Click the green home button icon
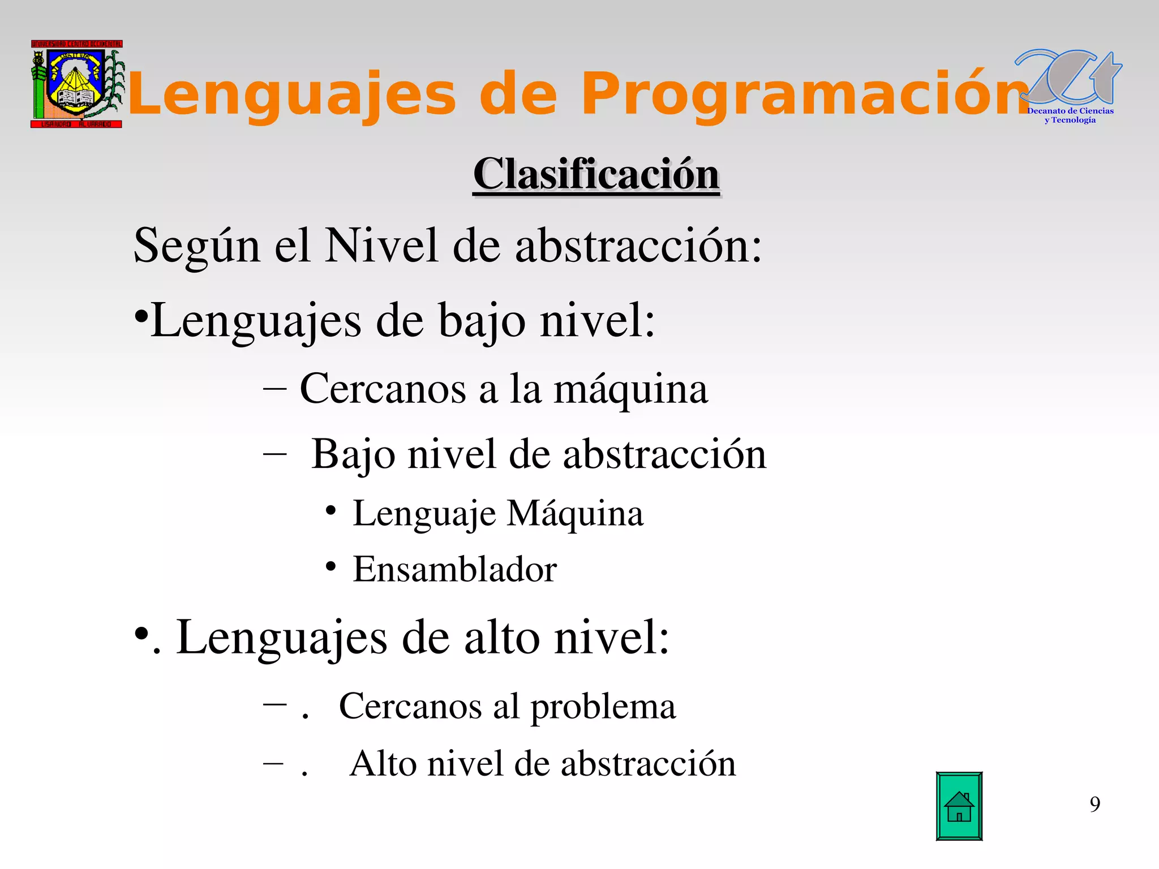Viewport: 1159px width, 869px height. (x=959, y=806)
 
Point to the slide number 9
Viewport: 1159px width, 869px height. (x=1094, y=804)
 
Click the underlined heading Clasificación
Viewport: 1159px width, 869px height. (x=596, y=174)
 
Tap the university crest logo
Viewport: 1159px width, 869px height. (x=76, y=84)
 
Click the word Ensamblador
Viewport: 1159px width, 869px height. (x=454, y=569)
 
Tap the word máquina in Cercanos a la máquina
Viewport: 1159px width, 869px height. (x=630, y=390)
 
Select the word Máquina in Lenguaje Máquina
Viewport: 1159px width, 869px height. (x=575, y=514)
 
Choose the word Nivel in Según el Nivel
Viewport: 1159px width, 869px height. (x=381, y=246)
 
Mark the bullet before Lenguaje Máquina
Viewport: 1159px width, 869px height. (x=331, y=511)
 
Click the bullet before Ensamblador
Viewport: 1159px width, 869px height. (x=331, y=566)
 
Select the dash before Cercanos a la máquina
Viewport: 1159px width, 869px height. (x=274, y=390)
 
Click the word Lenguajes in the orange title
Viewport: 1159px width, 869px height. (x=292, y=94)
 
